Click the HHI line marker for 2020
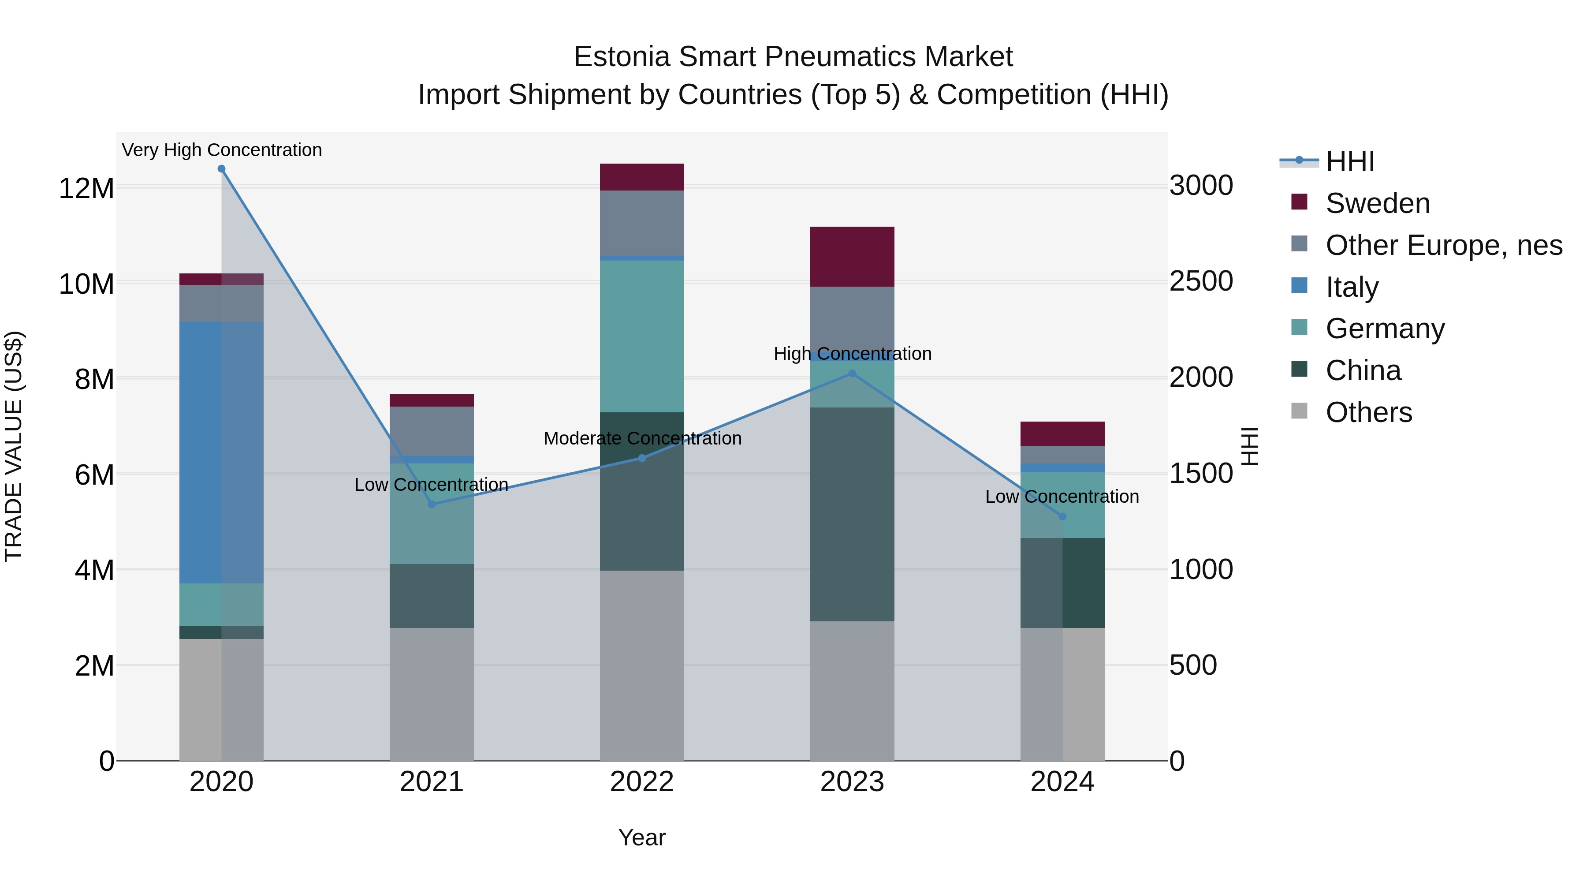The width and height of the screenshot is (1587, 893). (x=221, y=169)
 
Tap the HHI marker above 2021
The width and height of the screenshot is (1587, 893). (x=432, y=504)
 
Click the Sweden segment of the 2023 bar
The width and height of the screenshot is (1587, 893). (x=852, y=256)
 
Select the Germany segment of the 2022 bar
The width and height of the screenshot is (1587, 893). (x=642, y=336)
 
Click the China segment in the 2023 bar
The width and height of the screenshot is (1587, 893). (x=852, y=514)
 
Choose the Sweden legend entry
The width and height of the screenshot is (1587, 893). (x=1378, y=203)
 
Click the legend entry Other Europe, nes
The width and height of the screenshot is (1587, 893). (x=1443, y=245)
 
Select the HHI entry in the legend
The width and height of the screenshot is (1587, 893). (x=1349, y=161)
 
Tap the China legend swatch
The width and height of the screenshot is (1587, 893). (x=1299, y=369)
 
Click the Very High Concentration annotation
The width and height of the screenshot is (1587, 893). (x=222, y=150)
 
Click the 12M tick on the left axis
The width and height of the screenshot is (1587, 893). (x=86, y=188)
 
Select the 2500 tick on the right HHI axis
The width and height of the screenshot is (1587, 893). (x=1201, y=282)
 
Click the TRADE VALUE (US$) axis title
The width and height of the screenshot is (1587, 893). (x=14, y=446)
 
